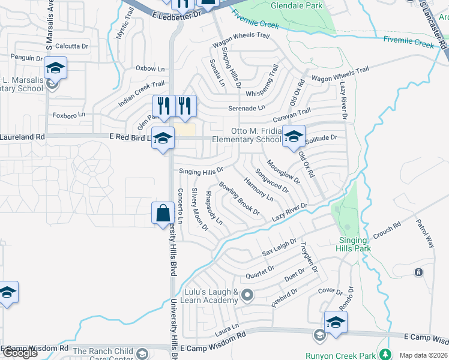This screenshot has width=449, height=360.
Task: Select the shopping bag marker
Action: [163, 214]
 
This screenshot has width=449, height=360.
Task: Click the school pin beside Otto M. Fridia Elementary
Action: [294, 137]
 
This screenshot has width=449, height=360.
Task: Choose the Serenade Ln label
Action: [247, 109]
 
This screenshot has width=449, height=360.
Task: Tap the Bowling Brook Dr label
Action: [239, 199]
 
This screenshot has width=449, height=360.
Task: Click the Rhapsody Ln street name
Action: [214, 208]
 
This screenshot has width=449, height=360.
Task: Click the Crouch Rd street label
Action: [386, 230]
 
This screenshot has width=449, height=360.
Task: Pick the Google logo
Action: [20, 353]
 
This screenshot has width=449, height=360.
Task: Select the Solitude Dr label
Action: [322, 138]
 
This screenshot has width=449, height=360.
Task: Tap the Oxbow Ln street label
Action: [149, 68]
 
